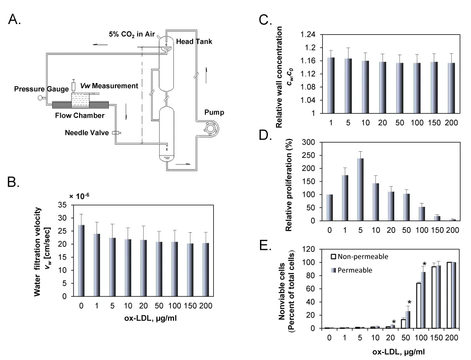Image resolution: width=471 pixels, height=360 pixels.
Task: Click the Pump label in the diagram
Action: pos(214,113)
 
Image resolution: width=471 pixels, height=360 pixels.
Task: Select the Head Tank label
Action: pos(194,41)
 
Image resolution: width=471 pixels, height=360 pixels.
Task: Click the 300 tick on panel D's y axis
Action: pos(307,142)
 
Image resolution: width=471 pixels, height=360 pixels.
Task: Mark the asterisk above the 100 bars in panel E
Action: pos(424,264)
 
